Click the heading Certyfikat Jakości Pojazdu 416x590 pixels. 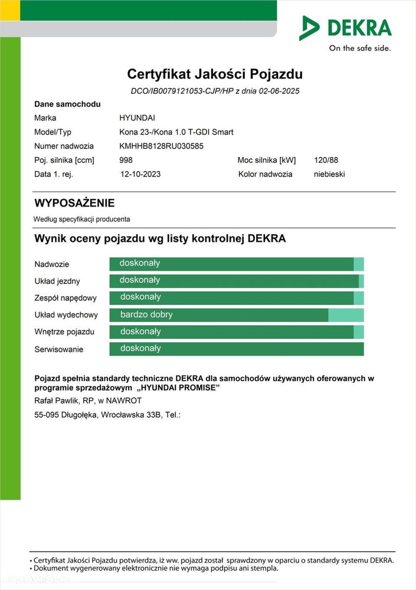tap(215, 74)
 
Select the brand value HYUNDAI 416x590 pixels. tap(137, 118)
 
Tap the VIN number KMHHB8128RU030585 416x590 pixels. tap(161, 146)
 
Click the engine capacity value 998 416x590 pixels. tap(126, 160)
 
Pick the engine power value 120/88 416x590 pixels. tap(326, 160)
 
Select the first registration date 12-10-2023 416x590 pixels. tap(140, 175)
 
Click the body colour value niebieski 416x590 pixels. tap(329, 175)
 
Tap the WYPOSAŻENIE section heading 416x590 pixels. tap(74, 204)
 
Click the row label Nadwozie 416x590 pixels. tap(52, 264)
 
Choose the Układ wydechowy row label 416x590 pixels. tap(66, 315)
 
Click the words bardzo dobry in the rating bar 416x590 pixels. tap(146, 314)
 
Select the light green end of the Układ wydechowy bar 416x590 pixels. tap(346, 315)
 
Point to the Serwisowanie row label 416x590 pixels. tap(59, 349)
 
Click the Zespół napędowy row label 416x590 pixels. tap(65, 298)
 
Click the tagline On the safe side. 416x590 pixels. tap(359, 48)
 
